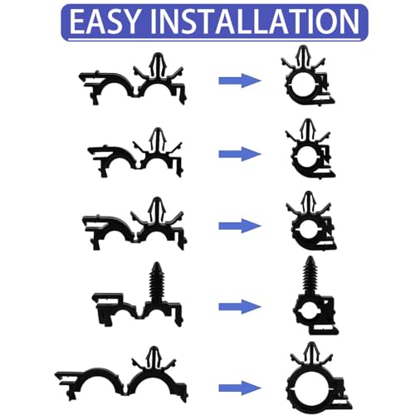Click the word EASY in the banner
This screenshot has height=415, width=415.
pos(104,22)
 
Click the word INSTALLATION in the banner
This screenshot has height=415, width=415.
pos(255,22)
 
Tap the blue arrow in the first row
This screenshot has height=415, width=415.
pos(240,81)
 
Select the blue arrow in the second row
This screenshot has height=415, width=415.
pos(240,154)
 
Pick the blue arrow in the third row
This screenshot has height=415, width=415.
pos(240,226)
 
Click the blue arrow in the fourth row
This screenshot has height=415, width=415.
pos(240,306)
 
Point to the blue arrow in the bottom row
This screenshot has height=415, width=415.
pos(240,388)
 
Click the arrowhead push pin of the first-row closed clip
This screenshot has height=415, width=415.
pos(304,56)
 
